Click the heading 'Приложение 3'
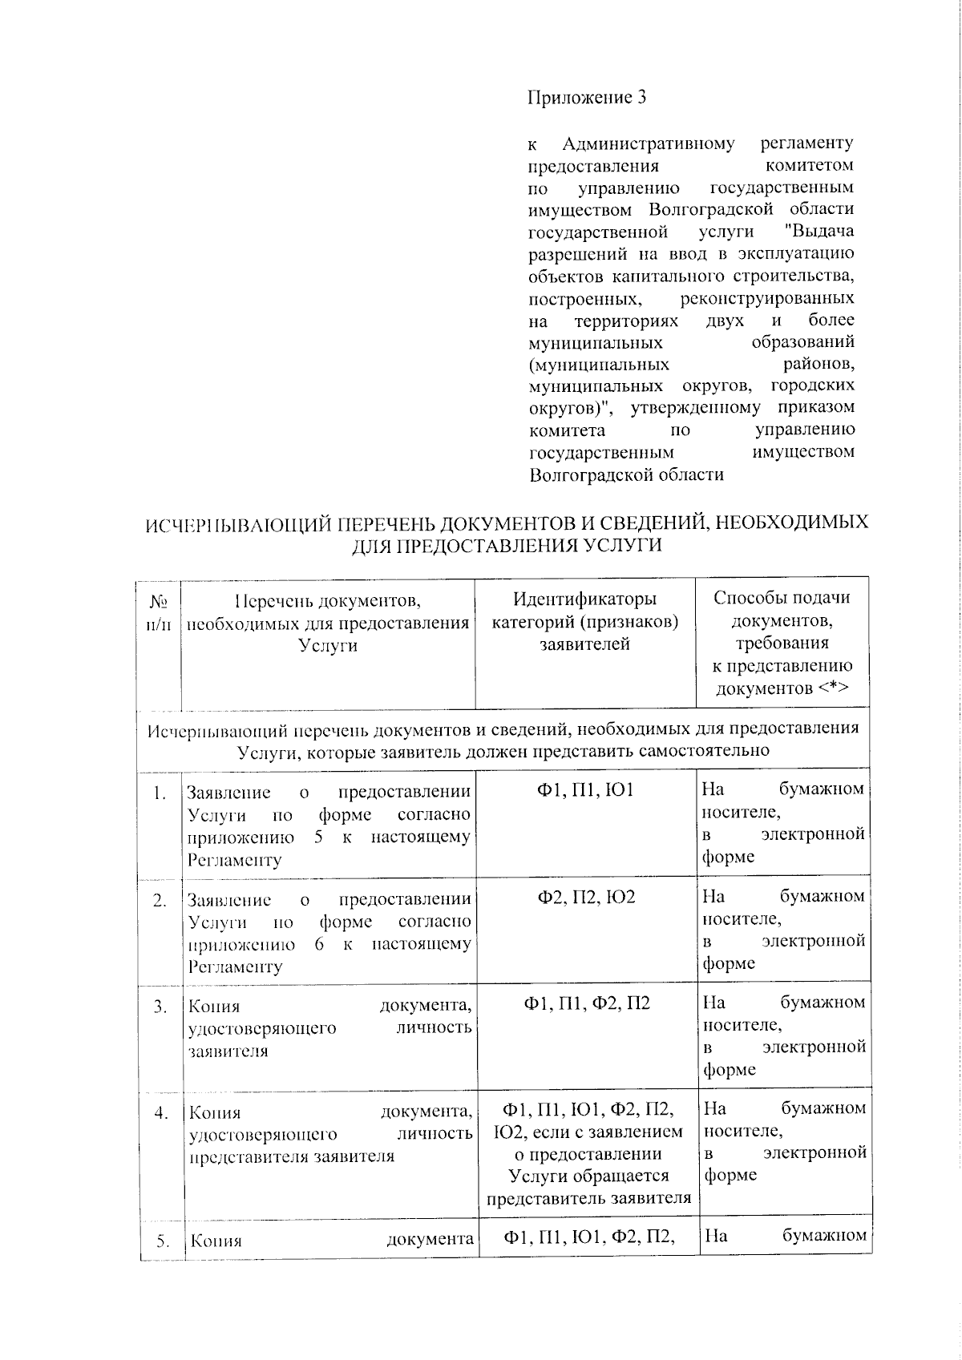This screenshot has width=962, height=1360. click(x=587, y=98)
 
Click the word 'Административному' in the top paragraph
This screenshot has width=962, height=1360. click(x=648, y=144)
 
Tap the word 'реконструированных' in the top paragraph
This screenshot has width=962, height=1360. click(x=766, y=299)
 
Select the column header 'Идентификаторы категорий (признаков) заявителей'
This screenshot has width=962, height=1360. click(x=584, y=621)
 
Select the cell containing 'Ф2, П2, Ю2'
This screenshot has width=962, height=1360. click(x=585, y=897)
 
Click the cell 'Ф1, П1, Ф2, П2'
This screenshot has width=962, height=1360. click(x=586, y=1003)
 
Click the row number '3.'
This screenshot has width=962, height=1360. click(x=160, y=1005)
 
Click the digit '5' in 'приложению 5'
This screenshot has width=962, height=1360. click(x=318, y=837)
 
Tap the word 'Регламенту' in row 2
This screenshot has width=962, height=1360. click(x=235, y=967)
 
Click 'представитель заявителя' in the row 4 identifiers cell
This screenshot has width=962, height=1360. click(x=588, y=1199)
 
